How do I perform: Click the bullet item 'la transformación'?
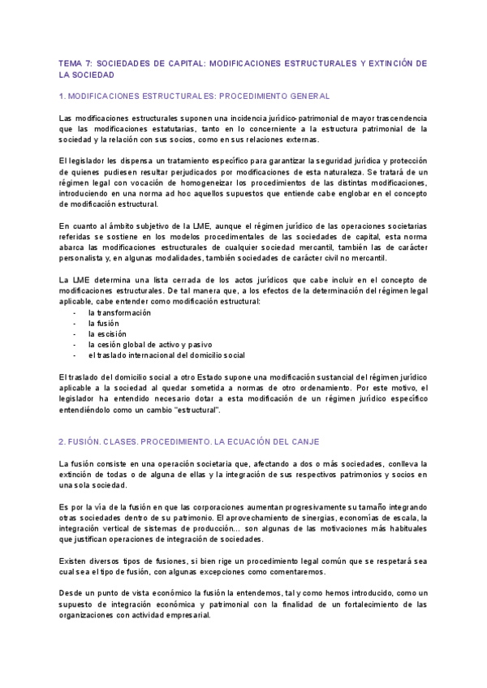[120, 313]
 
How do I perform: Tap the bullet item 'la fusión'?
[103, 324]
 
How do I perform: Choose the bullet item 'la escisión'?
[106, 334]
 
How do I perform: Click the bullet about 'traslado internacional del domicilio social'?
[166, 355]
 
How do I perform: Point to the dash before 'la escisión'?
[74, 334]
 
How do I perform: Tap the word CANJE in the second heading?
[304, 441]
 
